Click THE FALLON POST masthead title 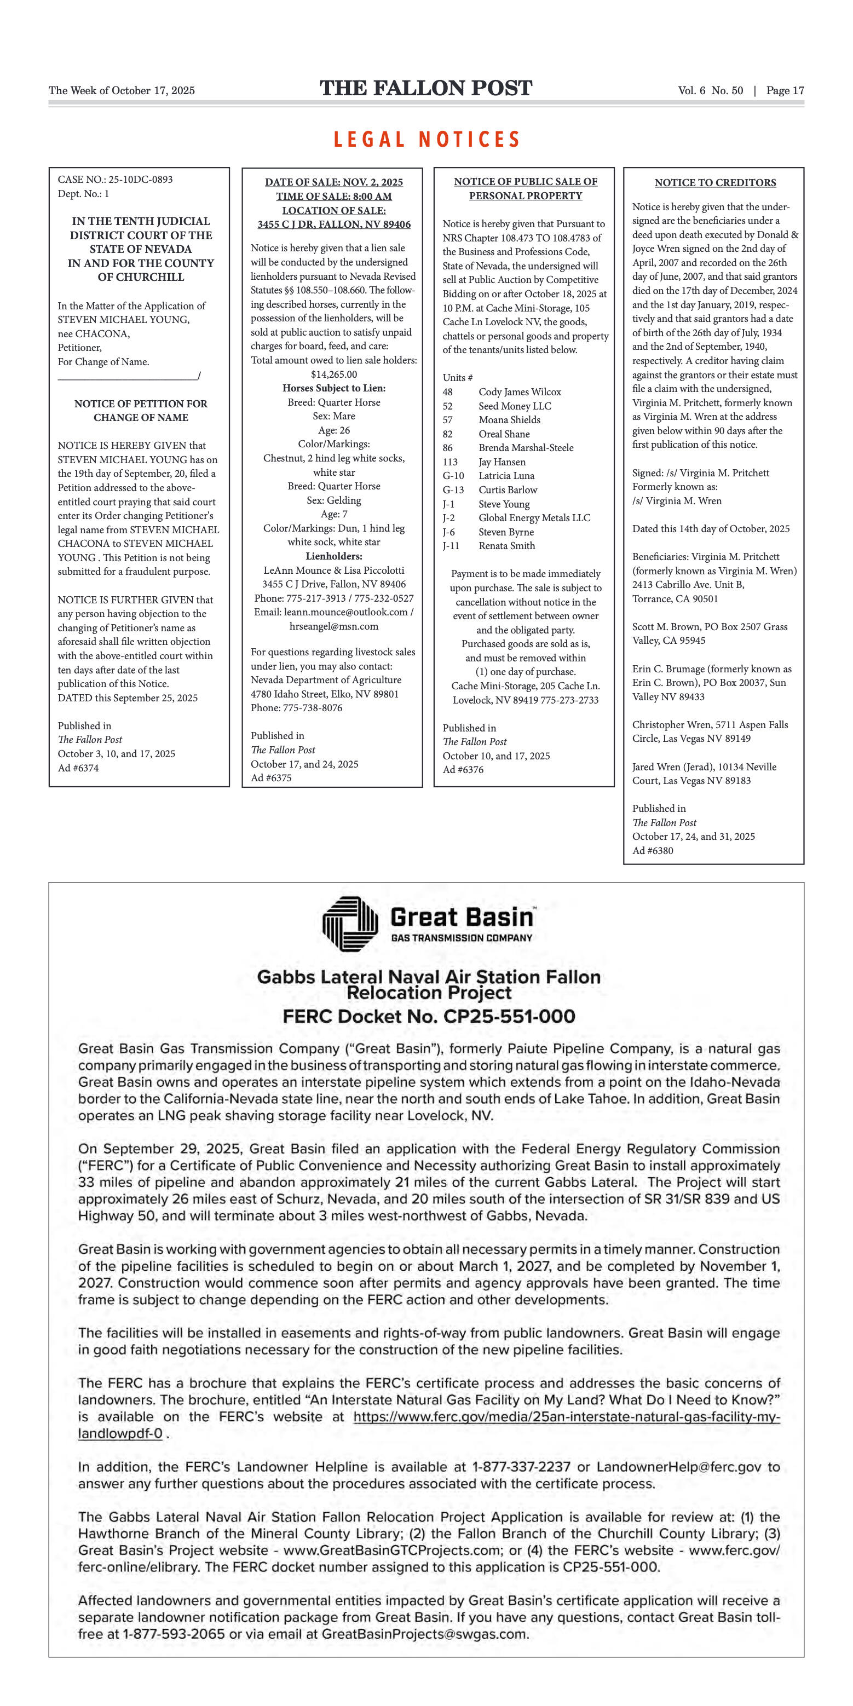coord(426,88)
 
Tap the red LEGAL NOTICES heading coord(426,139)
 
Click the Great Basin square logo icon coord(350,923)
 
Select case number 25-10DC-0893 coord(140,180)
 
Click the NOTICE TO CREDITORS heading coord(714,183)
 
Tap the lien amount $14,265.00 coord(334,374)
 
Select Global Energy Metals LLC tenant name coord(534,518)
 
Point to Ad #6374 coord(78,768)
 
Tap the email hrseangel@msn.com coord(334,626)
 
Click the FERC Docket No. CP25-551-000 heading coord(429,1017)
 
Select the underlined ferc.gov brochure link coord(566,1417)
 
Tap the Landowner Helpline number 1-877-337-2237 coord(521,1467)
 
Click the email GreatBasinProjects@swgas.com coord(424,1634)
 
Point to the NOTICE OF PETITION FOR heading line coord(140,404)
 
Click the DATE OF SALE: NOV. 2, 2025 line coord(334,182)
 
